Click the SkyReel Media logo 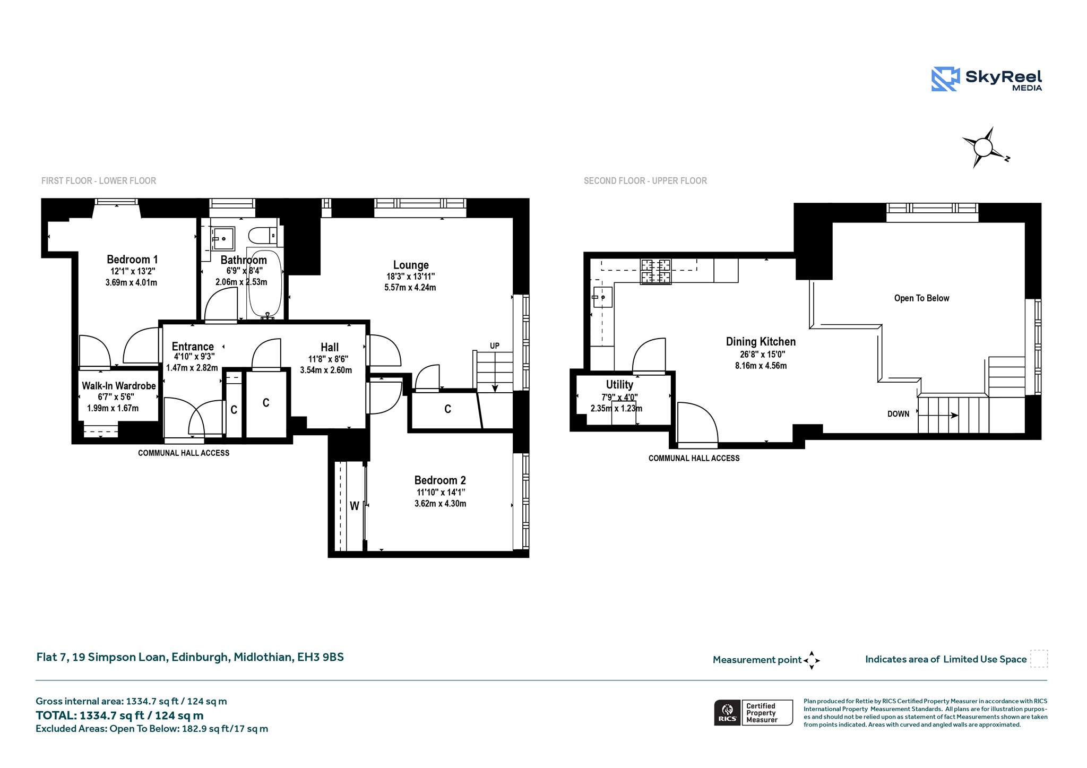(987, 79)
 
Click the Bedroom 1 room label (132, 260)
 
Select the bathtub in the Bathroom (265, 283)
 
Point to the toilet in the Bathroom (262, 235)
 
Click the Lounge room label (411, 265)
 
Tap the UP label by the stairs (495, 346)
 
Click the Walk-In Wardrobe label (119, 386)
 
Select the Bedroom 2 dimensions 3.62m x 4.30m (441, 504)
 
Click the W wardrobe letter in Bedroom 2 (355, 506)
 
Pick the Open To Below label (922, 298)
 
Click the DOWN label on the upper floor (899, 414)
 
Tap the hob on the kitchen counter (656, 271)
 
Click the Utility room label (620, 384)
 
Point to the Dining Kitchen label (761, 342)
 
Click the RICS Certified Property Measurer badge (754, 713)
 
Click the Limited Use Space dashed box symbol (1039, 659)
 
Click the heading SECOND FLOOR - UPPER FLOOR (645, 181)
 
